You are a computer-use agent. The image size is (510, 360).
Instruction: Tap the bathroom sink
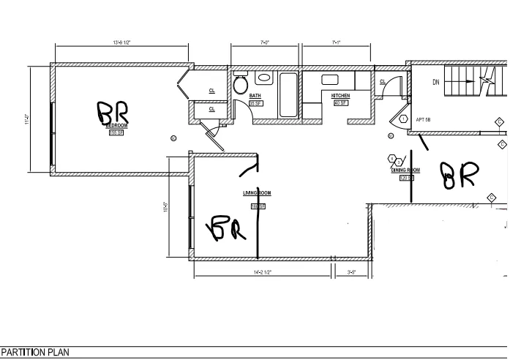coord(263,76)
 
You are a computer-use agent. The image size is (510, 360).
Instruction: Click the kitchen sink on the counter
coord(329,79)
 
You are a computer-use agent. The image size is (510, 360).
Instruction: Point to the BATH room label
coord(255,96)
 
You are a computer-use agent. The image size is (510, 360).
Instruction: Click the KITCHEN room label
coord(340,96)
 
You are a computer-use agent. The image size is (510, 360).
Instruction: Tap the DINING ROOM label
coord(405,170)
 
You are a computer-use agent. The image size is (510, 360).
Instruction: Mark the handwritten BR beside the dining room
coord(458,174)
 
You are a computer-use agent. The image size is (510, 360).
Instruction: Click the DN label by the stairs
coord(436,82)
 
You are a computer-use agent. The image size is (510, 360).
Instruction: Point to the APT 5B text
coord(424,119)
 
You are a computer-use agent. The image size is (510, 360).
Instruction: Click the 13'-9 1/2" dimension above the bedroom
coord(121,43)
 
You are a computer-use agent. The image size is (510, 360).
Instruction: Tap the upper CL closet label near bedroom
coord(212,91)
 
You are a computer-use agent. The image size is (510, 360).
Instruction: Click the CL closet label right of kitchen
coord(383,82)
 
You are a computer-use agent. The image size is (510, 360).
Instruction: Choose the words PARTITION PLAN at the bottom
coord(36,353)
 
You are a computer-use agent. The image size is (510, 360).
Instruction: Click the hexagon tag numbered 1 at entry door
coord(402,119)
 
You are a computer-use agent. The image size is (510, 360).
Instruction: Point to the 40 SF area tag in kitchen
coord(340,103)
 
